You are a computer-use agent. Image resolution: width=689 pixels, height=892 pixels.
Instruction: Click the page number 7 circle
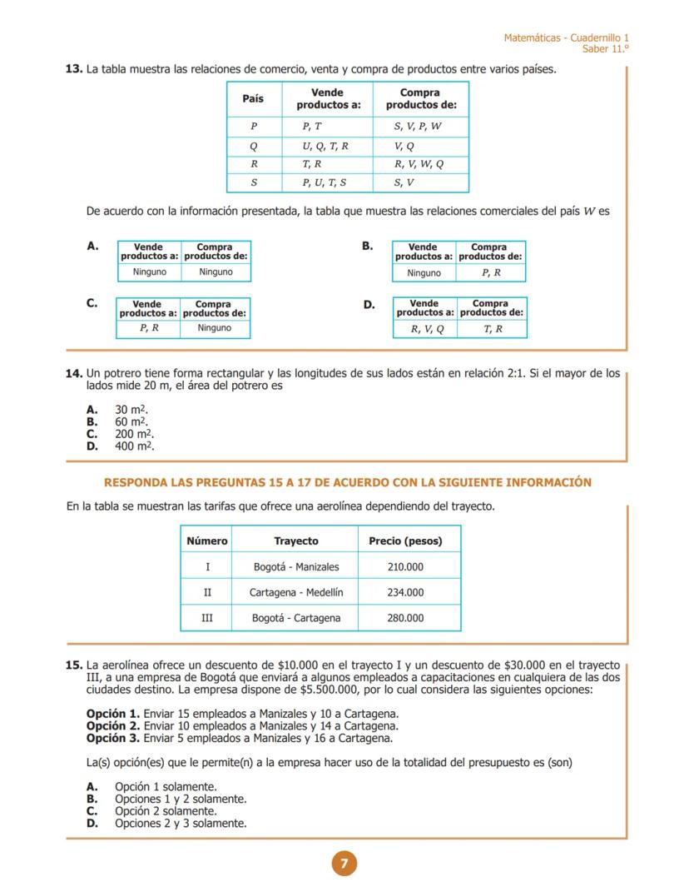pyautogui.click(x=344, y=864)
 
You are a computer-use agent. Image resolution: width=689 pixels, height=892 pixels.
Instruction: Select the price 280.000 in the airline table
pyautogui.click(x=405, y=618)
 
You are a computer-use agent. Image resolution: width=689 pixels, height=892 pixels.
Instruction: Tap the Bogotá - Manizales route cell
pyautogui.click(x=296, y=567)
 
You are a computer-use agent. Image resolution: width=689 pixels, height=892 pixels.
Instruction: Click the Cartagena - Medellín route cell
pyautogui.click(x=296, y=593)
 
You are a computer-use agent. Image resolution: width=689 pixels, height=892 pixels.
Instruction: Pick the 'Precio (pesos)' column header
pyautogui.click(x=405, y=541)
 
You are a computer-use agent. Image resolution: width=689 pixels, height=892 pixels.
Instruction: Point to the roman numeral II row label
pyautogui.click(x=207, y=593)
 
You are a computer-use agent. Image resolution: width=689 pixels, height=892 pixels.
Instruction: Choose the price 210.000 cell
pyautogui.click(x=405, y=567)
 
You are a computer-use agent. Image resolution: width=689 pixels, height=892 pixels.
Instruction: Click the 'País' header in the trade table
pyautogui.click(x=253, y=99)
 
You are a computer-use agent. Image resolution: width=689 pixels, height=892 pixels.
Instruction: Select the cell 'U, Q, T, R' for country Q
pyautogui.click(x=325, y=146)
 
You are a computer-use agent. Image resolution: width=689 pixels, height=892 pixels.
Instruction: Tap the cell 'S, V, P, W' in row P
pyautogui.click(x=418, y=127)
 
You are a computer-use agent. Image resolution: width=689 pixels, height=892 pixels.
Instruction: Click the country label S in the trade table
pyautogui.click(x=254, y=182)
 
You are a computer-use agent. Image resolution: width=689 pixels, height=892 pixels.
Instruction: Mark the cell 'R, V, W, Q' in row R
pyautogui.click(x=419, y=164)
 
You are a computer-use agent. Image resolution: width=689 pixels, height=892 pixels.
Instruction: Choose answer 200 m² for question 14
pyautogui.click(x=134, y=434)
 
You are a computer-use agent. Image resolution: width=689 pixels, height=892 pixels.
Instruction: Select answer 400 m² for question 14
pyautogui.click(x=134, y=446)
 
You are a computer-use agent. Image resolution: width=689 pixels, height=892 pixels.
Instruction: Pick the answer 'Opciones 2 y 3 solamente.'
pyautogui.click(x=180, y=823)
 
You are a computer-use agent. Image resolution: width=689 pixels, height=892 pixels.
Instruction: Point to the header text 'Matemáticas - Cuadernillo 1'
pyautogui.click(x=566, y=38)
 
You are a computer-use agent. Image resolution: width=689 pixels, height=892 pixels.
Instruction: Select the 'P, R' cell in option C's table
pyautogui.click(x=149, y=328)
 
